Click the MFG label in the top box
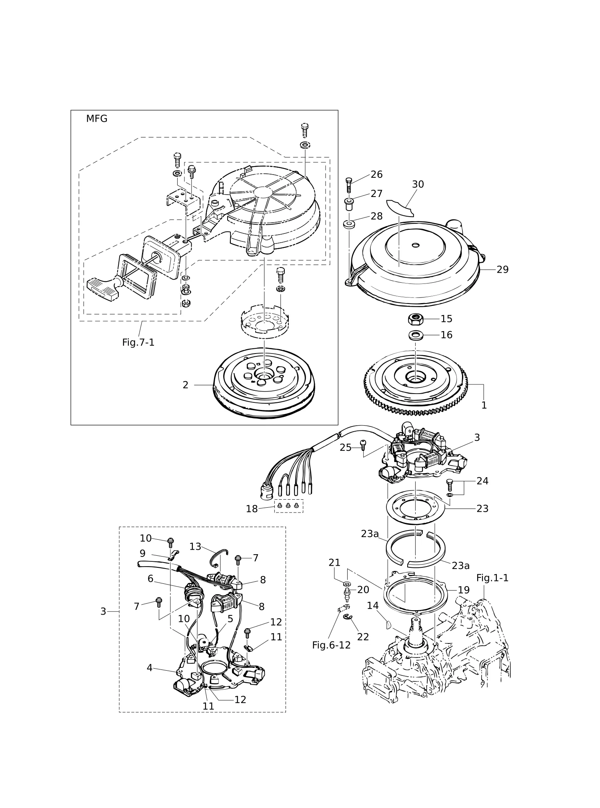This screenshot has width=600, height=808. click(x=97, y=119)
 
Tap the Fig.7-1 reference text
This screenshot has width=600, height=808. click(x=138, y=343)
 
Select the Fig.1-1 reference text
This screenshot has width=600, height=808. click(x=492, y=578)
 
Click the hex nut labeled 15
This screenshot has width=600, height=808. click(x=416, y=319)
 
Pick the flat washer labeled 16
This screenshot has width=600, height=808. click(x=416, y=335)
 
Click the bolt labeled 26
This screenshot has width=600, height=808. click(x=349, y=185)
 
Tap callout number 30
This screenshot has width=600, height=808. click(x=418, y=184)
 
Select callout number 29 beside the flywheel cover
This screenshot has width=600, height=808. click(x=502, y=269)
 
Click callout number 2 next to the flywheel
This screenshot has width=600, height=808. click(x=185, y=385)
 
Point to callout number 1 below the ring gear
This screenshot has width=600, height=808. click(x=484, y=405)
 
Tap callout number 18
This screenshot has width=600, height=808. click(x=252, y=509)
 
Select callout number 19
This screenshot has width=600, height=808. click(x=464, y=590)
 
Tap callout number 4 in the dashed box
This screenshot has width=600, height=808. click(x=150, y=667)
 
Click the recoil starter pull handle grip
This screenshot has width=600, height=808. click(x=103, y=287)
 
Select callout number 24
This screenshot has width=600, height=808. click(x=482, y=481)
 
